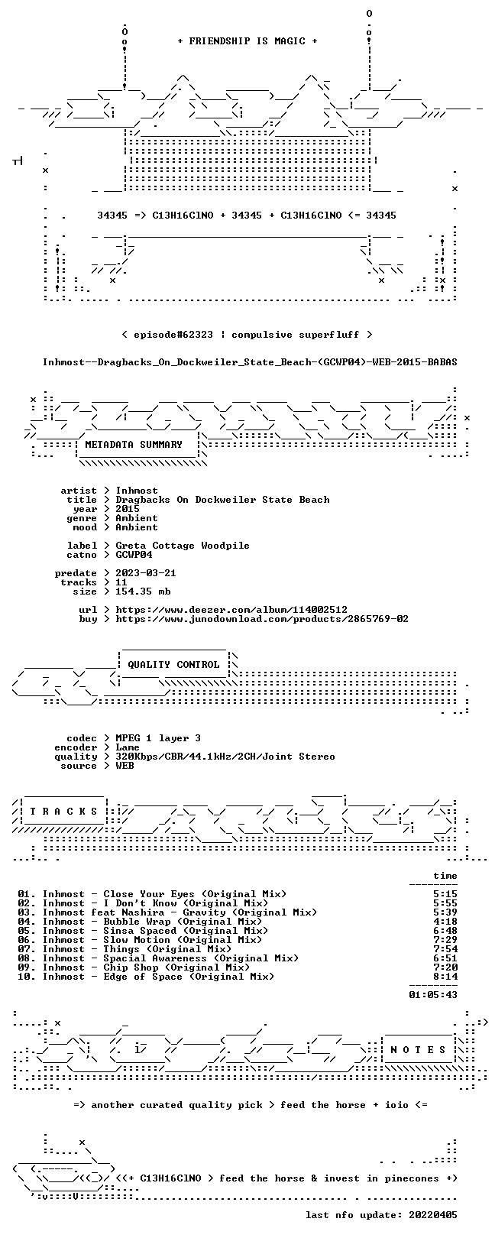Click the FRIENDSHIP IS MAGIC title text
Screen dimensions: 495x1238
247,41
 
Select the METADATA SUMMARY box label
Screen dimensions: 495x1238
134,444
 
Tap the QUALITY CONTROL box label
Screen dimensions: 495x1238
173,664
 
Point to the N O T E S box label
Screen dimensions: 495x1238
418,1049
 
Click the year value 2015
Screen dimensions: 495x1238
128,509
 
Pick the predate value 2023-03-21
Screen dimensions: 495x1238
146,573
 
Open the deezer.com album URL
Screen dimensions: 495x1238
231,610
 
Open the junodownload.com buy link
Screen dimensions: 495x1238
262,619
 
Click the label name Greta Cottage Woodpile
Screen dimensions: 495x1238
183,546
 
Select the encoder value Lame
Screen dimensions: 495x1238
128,747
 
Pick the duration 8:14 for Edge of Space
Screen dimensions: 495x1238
445,977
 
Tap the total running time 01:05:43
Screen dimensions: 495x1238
433,995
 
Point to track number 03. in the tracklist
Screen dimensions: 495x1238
27,912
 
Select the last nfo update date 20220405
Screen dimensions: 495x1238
433,1215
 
